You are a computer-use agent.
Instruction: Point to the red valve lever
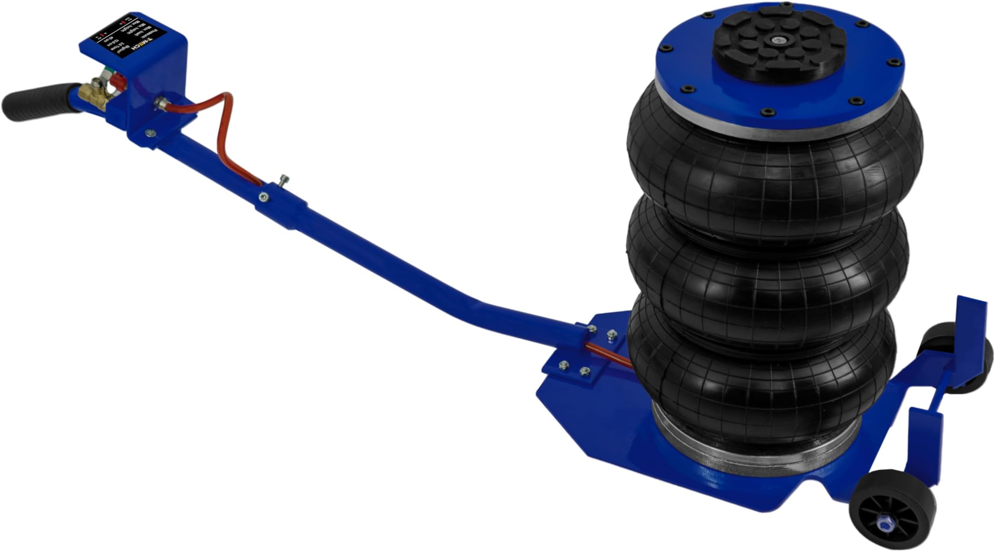[118, 83]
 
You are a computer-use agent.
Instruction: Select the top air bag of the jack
[774, 171]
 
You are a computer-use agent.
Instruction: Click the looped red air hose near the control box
[222, 130]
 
